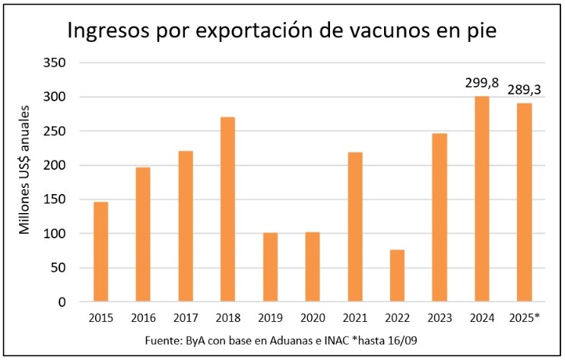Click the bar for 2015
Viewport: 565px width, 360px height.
click(100, 252)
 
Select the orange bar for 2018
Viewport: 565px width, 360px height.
click(227, 209)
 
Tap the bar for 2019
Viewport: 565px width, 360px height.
click(270, 267)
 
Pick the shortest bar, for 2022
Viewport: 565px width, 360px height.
click(397, 276)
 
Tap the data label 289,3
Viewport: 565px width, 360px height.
click(525, 89)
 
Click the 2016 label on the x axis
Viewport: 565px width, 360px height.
click(143, 317)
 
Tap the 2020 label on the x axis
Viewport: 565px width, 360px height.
click(313, 317)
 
